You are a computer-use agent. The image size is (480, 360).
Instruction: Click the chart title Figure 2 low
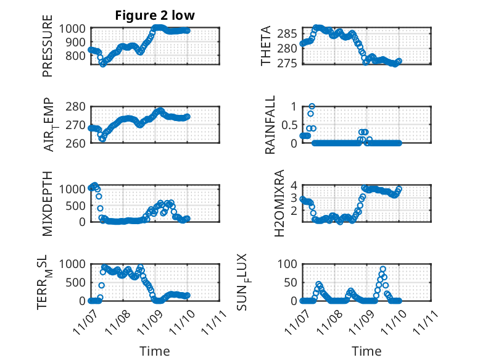pos(154,16)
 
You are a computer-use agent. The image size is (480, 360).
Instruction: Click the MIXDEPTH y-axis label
pos(48,203)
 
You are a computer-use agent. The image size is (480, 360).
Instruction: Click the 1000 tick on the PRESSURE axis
pos(75,28)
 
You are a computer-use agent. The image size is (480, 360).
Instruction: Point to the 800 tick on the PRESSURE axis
pos(78,56)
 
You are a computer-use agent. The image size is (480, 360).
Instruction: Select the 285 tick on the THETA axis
pos(291,33)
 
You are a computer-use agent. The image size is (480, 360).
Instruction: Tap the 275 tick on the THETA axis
pos(291,63)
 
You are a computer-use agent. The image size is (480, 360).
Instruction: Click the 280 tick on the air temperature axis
pos(78,106)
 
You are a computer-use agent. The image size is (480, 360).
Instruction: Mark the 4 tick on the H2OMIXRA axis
pos(295,185)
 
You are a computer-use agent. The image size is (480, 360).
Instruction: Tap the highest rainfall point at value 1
pos(312,106)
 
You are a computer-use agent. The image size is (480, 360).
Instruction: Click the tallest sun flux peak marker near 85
pos(383,269)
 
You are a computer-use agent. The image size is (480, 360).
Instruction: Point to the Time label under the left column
pos(154,351)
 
